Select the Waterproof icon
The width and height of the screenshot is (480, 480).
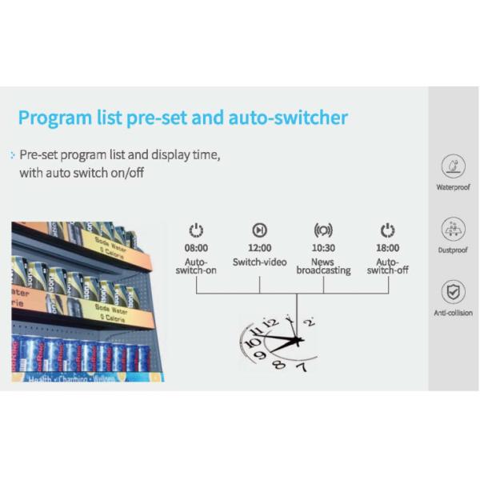[453, 167]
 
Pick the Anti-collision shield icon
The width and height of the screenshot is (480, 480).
[453, 291]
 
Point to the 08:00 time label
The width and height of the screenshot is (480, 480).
[196, 248]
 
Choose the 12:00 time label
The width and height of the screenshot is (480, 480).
[259, 248]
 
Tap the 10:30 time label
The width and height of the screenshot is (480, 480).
[323, 248]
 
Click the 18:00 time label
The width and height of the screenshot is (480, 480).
[387, 248]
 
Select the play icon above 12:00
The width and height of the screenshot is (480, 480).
[259, 230]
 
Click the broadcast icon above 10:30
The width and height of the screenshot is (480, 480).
[323, 230]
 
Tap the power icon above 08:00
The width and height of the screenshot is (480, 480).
[196, 230]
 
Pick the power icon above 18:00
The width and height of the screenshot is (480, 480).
[387, 230]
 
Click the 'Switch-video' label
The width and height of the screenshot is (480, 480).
[259, 262]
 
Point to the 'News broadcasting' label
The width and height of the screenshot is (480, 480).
[323, 266]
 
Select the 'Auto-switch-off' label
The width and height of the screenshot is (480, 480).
[387, 266]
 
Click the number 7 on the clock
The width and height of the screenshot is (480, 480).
[301, 367]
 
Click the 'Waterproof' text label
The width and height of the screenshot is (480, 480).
[453, 187]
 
